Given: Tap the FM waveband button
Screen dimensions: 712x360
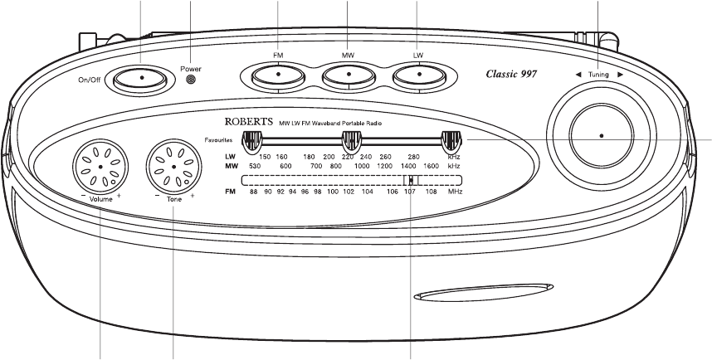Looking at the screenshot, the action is pos(277,76).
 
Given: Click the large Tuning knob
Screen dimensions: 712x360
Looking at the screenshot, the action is pos(600,134).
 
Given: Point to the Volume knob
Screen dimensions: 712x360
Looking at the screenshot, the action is pos(100,166).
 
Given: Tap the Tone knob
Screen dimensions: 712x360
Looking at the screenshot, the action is pos(173,166).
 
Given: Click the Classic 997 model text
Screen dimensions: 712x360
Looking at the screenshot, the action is pos(511,74).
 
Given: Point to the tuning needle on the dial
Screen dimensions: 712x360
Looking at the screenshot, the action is pos(411,180).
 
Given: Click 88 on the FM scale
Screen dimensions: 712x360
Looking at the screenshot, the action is pos(255,192).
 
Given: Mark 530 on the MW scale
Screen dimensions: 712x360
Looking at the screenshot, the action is pos(255,166).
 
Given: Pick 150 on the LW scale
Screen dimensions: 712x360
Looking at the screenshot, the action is pos(265,157).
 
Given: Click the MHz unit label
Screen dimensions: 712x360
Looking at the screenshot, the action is pos(455,192).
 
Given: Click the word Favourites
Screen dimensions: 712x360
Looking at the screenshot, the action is pos(221,139).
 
